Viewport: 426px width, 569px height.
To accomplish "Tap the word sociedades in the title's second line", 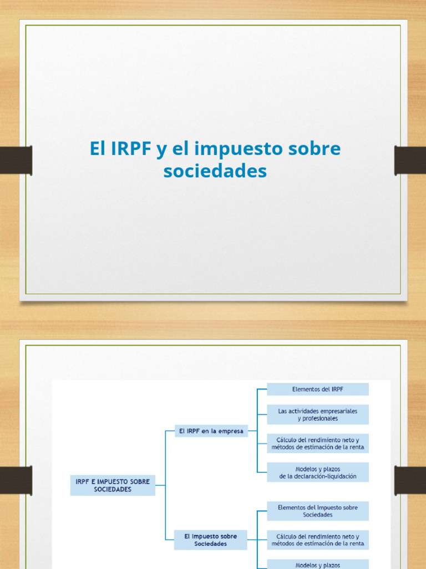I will coord(215,171).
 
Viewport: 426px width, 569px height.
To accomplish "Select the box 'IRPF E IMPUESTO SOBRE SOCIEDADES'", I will coord(113,486).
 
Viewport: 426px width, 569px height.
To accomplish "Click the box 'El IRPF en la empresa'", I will coord(211,431).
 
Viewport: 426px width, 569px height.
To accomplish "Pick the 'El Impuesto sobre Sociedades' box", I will coord(211,540).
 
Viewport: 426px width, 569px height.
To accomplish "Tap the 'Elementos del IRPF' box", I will coord(317,389).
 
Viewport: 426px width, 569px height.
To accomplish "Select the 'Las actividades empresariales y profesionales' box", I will coord(317,415).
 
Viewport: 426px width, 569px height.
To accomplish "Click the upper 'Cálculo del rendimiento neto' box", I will coord(317,443).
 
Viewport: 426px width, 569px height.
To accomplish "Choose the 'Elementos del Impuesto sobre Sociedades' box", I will coord(317,511).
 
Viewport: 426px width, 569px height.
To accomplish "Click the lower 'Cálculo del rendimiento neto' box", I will coord(317,540).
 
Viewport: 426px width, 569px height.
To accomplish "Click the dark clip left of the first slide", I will coord(16,160).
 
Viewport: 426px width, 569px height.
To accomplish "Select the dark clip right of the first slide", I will coord(410,160).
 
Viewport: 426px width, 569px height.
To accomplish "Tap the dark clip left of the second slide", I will coord(16,480).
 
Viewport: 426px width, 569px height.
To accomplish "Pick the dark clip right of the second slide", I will coord(410,480).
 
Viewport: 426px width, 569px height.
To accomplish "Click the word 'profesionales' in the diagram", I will coord(317,418).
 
